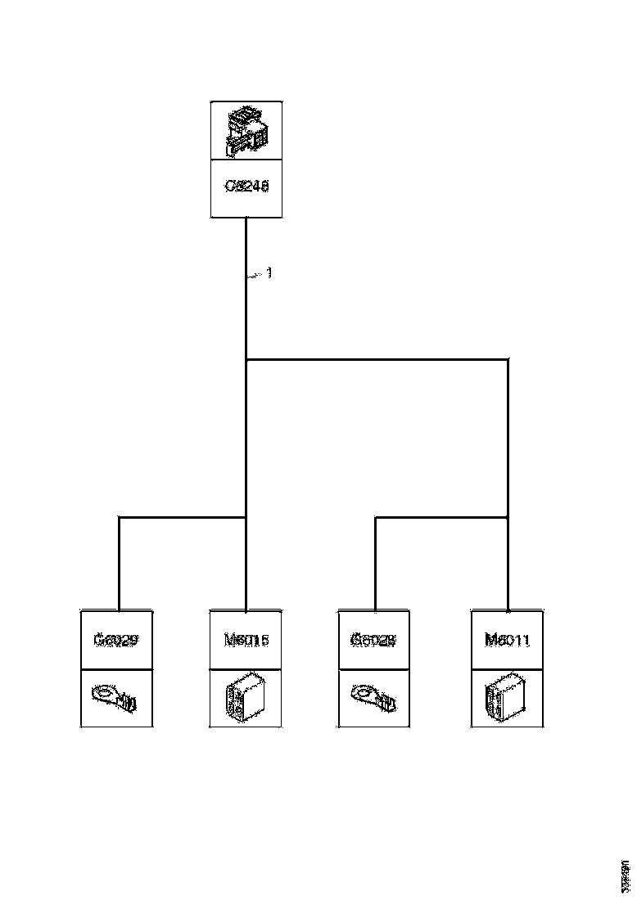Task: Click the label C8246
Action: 246,187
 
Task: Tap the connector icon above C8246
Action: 246,131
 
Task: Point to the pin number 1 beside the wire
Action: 269,272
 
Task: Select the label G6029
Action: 115,640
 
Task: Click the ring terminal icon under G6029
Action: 115,698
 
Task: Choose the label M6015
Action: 246,640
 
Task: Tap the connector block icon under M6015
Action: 246,698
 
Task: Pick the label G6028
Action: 373,640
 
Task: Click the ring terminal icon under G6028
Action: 373,698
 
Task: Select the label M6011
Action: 508,640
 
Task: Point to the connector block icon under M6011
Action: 508,698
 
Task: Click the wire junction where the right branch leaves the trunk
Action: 246,358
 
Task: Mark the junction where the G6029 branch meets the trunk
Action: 246,517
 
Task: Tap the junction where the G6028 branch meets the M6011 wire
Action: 508,517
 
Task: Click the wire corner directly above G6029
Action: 120,517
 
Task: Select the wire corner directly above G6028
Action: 376,517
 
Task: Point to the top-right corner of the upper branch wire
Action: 508,358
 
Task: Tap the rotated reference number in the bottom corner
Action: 626,876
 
